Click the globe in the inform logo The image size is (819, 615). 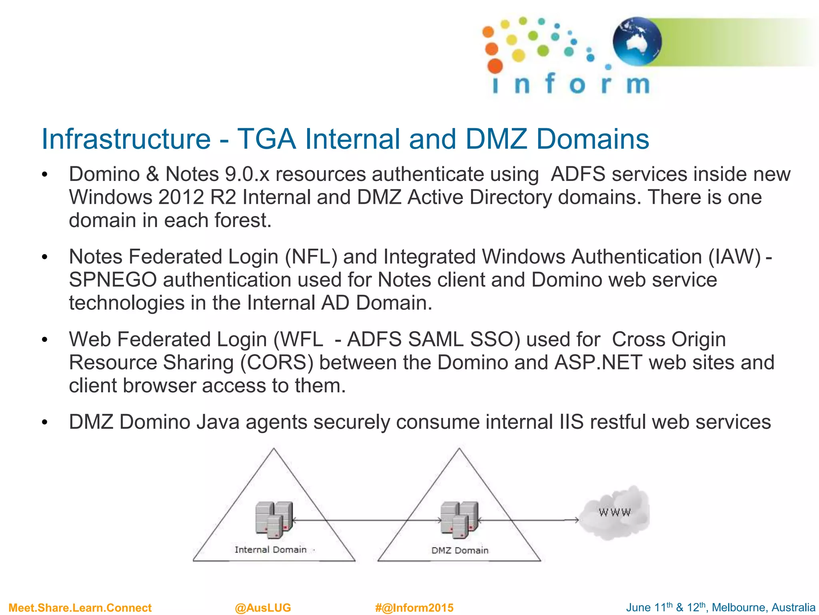[637, 41]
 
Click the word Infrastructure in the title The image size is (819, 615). [126, 139]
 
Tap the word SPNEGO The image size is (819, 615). [112, 280]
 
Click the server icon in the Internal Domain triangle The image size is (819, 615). [274, 520]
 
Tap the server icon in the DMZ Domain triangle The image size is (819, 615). [459, 520]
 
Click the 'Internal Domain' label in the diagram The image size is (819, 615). [270, 550]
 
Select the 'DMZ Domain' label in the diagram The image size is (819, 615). [460, 551]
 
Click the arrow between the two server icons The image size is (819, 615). [367, 521]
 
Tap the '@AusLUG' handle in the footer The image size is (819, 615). [263, 608]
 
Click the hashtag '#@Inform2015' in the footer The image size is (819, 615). [414, 608]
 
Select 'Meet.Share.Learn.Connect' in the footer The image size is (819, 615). [80, 608]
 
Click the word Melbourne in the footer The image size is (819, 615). [738, 607]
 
